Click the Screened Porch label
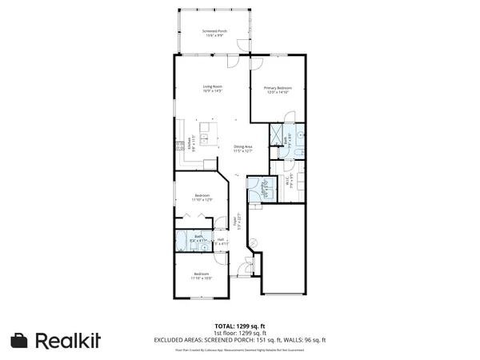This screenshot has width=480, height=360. tap(214, 33)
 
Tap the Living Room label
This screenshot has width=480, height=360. tap(212, 88)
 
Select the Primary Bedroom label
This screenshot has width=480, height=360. tap(278, 90)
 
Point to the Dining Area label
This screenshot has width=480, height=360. tap(243, 149)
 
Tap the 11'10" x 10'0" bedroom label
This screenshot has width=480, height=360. tap(202, 276)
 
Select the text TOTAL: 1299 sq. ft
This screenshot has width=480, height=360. tap(239, 326)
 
